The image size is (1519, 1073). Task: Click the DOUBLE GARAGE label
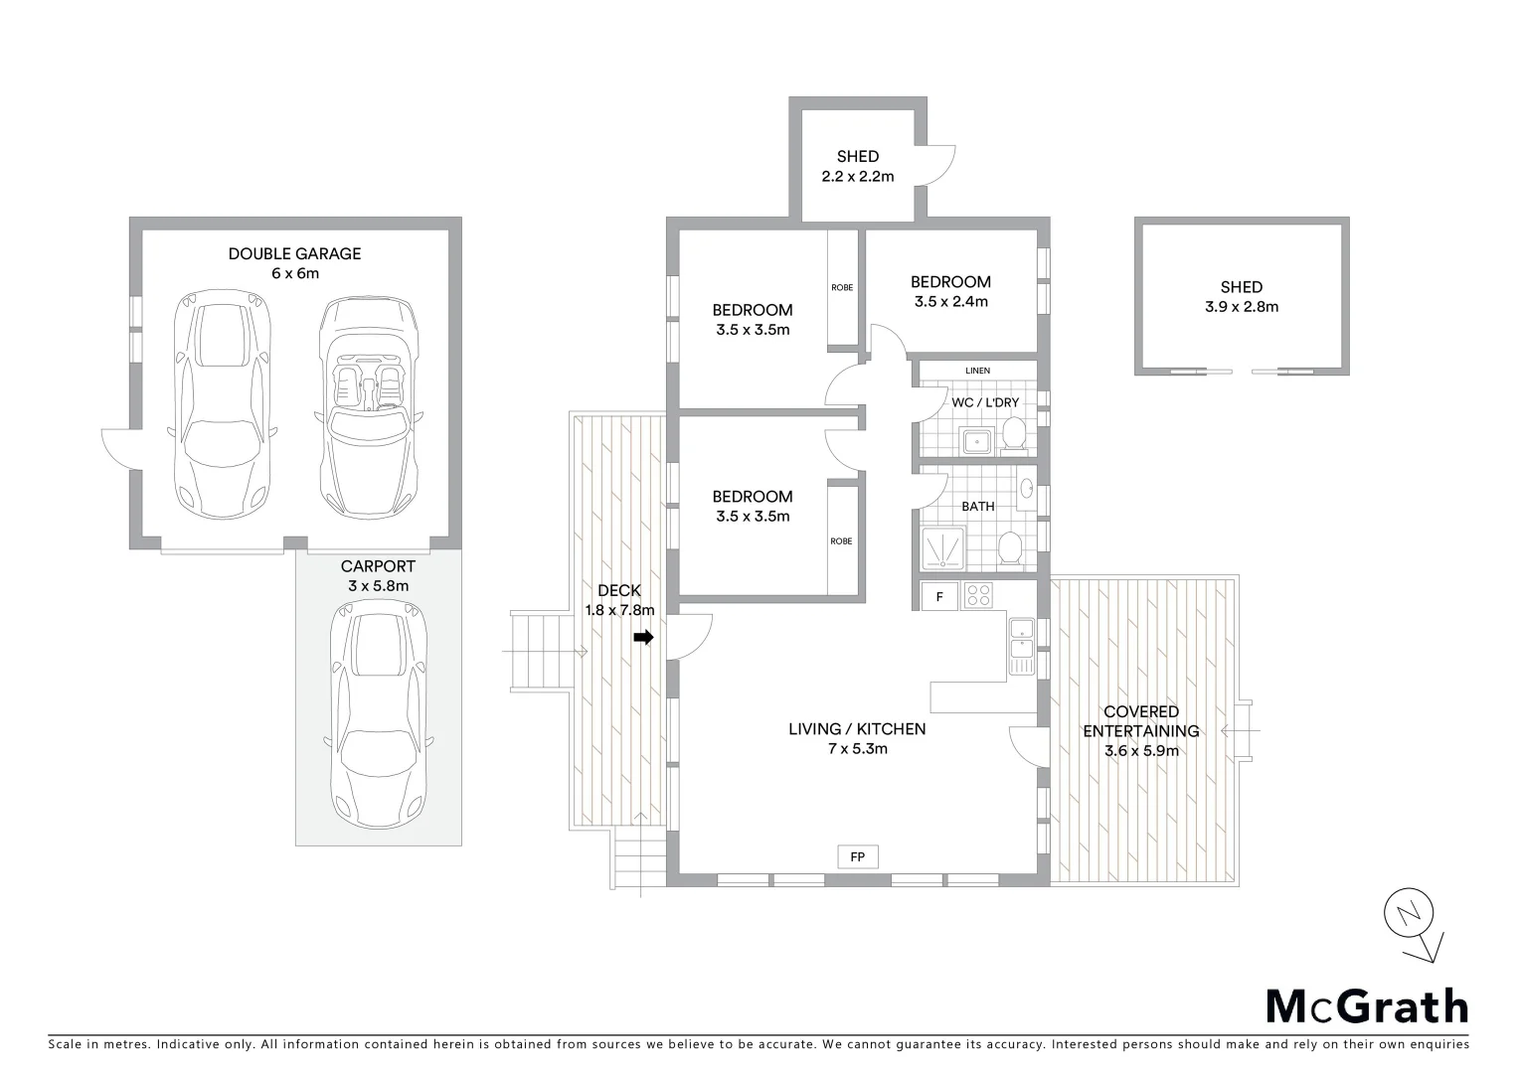coord(294,263)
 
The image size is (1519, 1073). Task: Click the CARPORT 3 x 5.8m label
coord(378,575)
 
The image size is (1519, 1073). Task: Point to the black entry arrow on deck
coord(644,638)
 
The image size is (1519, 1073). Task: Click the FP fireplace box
coord(857,855)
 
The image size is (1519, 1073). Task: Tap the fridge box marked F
coord(939,596)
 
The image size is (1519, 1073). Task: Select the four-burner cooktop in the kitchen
coord(978,596)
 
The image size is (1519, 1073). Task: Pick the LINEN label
coord(977,371)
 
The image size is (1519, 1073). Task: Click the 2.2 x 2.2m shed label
coord(857,166)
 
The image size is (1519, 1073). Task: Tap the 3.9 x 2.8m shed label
coord(1242,297)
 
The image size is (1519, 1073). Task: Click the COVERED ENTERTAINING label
coord(1141,730)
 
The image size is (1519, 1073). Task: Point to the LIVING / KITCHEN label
coord(857,738)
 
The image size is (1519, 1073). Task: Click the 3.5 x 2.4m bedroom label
coord(950,291)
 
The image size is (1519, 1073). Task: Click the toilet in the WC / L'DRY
coord(1014,434)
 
